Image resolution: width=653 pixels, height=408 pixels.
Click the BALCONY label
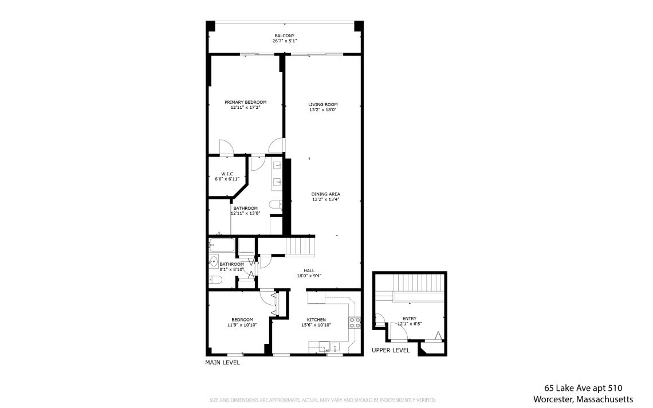(x=285, y=36)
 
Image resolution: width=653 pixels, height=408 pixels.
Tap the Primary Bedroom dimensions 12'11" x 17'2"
(x=245, y=108)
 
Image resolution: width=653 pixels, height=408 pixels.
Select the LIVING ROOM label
(x=322, y=105)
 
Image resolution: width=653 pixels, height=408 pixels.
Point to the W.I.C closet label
(x=227, y=174)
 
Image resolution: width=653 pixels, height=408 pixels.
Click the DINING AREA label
(x=326, y=194)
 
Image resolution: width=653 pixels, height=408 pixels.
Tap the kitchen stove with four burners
(x=355, y=323)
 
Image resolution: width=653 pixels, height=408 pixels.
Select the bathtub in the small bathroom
(x=222, y=245)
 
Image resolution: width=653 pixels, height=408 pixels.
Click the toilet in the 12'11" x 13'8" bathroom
(x=276, y=204)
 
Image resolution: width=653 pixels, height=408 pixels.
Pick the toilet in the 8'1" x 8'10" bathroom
(x=215, y=280)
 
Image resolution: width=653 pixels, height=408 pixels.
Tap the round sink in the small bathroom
(x=214, y=262)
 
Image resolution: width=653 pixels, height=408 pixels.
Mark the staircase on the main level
(x=300, y=246)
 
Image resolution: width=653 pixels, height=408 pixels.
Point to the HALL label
(x=309, y=270)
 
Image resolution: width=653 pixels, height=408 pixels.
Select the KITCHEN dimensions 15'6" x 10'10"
(x=316, y=325)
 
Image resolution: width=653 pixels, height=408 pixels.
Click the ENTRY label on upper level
(x=410, y=319)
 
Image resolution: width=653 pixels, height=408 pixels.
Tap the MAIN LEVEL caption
(x=222, y=363)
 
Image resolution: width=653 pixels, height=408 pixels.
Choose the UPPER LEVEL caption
(x=391, y=351)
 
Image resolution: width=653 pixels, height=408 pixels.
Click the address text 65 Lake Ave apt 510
(x=583, y=389)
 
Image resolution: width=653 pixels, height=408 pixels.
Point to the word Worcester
(x=553, y=399)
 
